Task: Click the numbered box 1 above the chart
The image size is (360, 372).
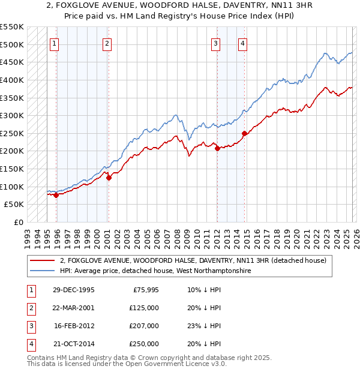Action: [54, 43]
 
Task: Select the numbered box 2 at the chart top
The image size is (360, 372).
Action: [107, 43]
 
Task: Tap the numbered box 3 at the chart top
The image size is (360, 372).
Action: [215, 43]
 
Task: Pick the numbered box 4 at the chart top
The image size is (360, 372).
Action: [242, 43]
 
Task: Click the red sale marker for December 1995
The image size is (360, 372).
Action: [56, 195]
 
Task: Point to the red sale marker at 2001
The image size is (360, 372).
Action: [109, 178]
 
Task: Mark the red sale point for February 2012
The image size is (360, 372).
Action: [217, 149]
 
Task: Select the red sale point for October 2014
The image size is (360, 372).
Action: [244, 133]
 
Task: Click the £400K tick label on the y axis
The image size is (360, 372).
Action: [12, 80]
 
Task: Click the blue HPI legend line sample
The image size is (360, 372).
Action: [43, 271]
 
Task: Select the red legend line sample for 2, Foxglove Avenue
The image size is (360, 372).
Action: [43, 260]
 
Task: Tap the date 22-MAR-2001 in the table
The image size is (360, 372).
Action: [73, 308]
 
